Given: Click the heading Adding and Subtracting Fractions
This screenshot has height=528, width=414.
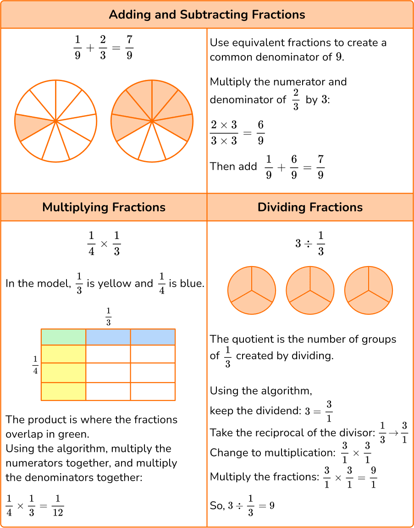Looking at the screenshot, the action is click(207, 15).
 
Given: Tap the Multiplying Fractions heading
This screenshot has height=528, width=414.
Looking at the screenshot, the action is click(104, 207).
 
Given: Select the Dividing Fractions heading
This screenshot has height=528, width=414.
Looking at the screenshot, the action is click(310, 207).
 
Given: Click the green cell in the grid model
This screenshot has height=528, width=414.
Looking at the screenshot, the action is click(63, 337).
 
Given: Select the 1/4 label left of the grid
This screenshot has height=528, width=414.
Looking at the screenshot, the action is click(35, 365).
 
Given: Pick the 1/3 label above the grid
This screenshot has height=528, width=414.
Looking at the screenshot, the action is click(108, 317).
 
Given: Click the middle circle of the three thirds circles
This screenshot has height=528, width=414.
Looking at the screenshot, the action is click(310, 290).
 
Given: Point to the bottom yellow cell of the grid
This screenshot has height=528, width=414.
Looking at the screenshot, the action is click(63, 391).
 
